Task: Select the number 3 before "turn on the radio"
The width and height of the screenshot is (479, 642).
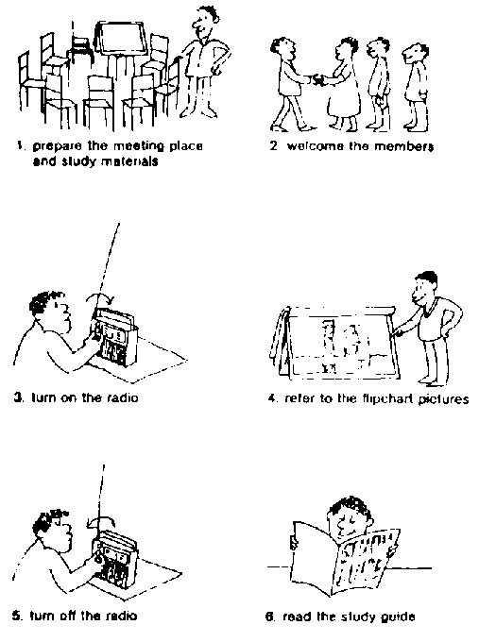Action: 18,397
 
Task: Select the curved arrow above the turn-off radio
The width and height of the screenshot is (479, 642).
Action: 101,519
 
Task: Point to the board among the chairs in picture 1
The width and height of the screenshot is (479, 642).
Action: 121,39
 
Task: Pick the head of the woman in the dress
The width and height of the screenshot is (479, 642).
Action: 346,49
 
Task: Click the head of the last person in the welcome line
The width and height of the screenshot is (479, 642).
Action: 415,54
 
